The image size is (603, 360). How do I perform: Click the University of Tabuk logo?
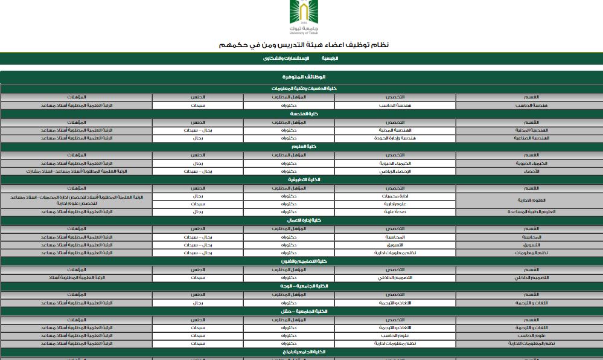click(x=302, y=18)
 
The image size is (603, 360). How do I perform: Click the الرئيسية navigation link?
click(x=330, y=58)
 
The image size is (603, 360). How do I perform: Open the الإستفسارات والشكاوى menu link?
click(x=286, y=58)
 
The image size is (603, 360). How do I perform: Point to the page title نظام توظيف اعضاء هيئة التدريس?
click(x=304, y=45)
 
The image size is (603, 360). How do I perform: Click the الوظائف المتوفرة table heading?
click(x=304, y=77)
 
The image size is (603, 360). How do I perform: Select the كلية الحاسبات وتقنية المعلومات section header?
click(x=304, y=88)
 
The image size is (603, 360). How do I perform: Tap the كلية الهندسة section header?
click(x=304, y=114)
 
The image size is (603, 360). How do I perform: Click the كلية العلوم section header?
click(x=304, y=146)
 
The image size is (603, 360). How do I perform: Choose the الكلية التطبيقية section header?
click(x=304, y=179)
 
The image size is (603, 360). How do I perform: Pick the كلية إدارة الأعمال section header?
click(x=304, y=220)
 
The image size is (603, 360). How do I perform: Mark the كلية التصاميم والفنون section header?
click(x=304, y=261)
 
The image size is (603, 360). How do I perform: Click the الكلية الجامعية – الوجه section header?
click(x=304, y=286)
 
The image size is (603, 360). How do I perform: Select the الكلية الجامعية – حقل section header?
click(x=304, y=311)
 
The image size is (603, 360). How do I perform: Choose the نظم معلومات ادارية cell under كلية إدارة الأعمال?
click(x=395, y=253)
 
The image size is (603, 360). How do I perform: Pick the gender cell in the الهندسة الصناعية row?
click(x=198, y=138)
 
